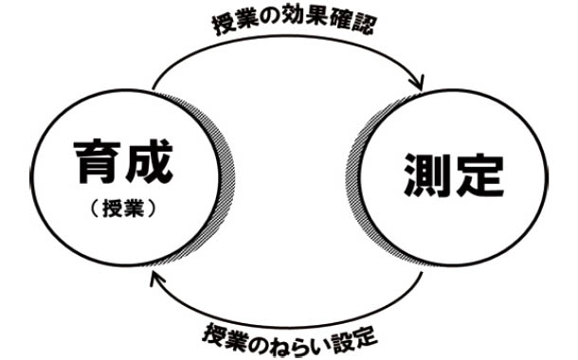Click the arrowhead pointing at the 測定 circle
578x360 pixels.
click(417, 85)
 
